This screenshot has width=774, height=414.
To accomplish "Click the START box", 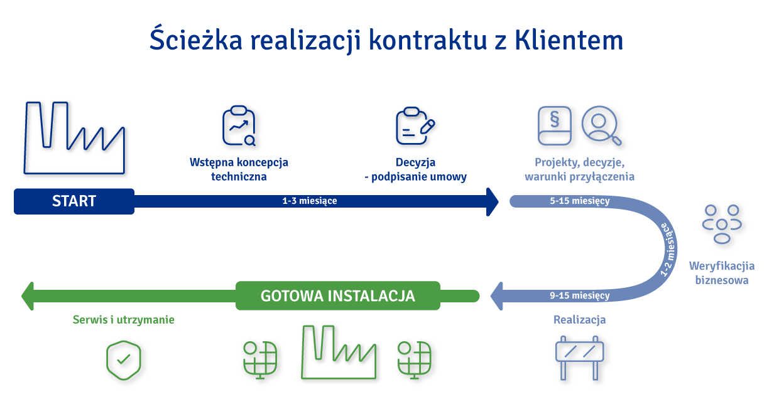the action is (x=74, y=201).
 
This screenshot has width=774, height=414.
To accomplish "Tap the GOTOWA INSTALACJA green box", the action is (x=337, y=295).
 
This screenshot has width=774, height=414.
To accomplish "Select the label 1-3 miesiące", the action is (x=310, y=201).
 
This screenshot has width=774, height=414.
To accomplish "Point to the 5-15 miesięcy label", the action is (x=579, y=201).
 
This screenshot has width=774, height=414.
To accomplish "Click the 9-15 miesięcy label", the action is (x=579, y=295).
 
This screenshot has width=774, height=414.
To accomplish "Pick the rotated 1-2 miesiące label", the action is (x=668, y=250).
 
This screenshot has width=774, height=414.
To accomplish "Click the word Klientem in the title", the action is (x=569, y=40).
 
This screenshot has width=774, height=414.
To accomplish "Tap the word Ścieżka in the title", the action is (x=196, y=39).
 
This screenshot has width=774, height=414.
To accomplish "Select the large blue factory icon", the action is (x=74, y=137).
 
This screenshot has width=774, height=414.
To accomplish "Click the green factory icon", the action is (x=339, y=353).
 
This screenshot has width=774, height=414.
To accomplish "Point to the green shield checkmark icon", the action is (x=123, y=360).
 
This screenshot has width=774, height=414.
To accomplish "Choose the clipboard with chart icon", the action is (x=239, y=125).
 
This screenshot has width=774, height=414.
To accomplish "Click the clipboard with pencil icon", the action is (x=415, y=125).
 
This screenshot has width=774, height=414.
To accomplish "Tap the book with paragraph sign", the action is (x=555, y=125).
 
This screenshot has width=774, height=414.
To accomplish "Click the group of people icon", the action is (x=722, y=225).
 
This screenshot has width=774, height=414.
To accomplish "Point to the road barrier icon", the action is (x=579, y=358).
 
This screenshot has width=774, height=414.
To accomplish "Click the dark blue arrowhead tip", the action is (x=499, y=202).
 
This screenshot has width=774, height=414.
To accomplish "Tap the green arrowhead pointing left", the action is (x=28, y=296).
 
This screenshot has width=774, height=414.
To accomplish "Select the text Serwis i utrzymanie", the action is (x=123, y=320).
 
